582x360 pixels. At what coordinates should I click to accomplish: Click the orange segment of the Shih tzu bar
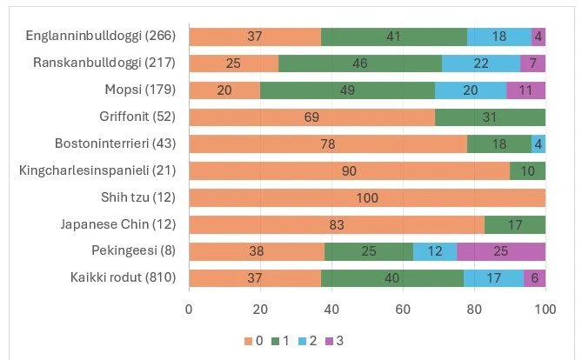367,197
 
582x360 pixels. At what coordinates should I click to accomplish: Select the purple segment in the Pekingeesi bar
501,251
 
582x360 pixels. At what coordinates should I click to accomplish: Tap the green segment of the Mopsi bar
347,90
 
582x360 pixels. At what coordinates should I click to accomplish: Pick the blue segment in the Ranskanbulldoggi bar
481,63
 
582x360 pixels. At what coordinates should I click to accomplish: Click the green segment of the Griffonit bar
490,117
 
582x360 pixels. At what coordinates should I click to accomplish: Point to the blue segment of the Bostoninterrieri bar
539,143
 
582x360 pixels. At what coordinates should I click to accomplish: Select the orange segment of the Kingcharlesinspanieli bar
349,170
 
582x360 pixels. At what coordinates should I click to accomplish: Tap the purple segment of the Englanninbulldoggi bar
539,37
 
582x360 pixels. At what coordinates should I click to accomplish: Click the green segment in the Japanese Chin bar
515,224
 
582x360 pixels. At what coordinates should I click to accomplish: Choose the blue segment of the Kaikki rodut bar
493,278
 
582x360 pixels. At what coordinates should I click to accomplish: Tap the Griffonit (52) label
137,117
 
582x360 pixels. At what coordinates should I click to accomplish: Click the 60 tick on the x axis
403,308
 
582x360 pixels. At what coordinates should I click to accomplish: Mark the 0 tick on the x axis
189,308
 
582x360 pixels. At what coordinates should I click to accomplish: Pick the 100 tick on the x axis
545,308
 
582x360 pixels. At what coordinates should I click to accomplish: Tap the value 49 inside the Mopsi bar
347,90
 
